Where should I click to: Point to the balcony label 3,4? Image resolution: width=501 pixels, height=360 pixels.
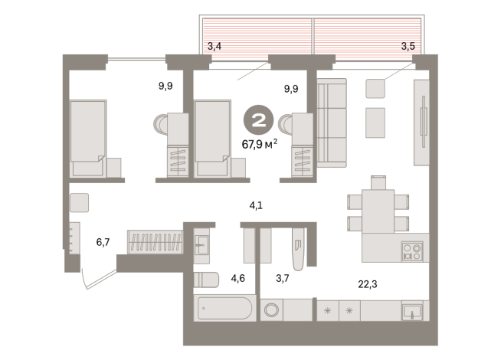[214, 47]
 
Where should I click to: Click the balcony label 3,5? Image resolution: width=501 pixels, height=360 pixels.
[408, 47]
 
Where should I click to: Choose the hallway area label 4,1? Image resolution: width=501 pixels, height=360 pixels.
[257, 205]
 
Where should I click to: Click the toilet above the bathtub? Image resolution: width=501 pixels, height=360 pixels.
[207, 280]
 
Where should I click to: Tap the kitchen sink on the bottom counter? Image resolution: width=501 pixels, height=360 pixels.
[412, 310]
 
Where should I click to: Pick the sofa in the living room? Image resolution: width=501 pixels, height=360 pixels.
[332, 123]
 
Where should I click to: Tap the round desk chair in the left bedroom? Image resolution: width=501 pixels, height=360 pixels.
[162, 125]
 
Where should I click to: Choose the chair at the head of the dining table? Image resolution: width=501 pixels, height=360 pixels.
[378, 182]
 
